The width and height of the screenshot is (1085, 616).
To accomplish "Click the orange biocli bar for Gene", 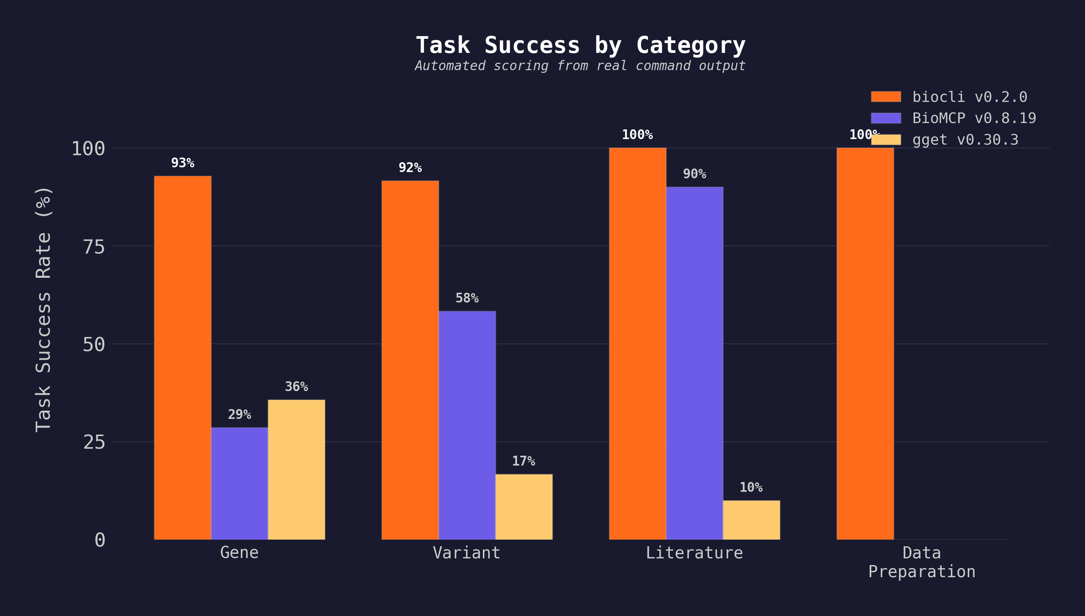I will coord(182,357).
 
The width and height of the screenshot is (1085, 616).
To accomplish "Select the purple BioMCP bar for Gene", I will coord(239,483).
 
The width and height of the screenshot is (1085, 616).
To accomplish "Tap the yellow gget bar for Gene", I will coord(297,469).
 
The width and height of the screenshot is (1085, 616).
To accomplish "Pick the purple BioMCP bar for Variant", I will coord(467,425).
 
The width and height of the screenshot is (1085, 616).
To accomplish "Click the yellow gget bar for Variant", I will coord(524,506).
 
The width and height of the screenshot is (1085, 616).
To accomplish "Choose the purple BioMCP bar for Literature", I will coord(694,363).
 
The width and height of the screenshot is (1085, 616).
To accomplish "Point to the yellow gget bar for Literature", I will coord(751,520).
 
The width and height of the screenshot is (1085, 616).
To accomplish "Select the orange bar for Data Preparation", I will coord(865,344).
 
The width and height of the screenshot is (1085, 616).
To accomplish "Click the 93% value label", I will coord(182,163).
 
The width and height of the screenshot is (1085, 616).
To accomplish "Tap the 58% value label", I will coord(467,298).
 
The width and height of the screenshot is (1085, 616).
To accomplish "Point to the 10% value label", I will coord(751,487).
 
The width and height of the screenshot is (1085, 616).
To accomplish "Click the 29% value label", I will coord(239,415).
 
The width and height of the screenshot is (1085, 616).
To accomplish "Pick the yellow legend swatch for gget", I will coord(885,140).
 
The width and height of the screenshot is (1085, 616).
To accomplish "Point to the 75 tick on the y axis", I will coord(94,246).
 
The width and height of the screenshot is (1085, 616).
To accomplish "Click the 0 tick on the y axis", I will coord(100,540).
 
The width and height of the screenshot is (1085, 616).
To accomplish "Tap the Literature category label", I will coord(694,553).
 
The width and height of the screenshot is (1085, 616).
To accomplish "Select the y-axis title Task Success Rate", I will coord(43,309).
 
